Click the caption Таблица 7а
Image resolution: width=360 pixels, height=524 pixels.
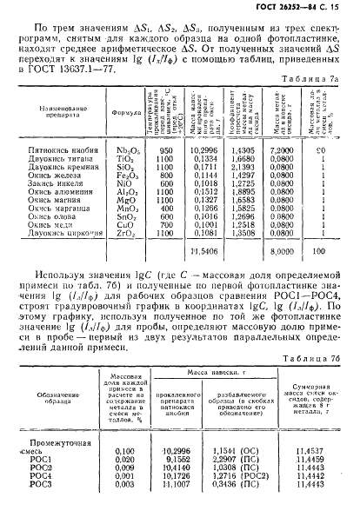(x=317, y=78)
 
